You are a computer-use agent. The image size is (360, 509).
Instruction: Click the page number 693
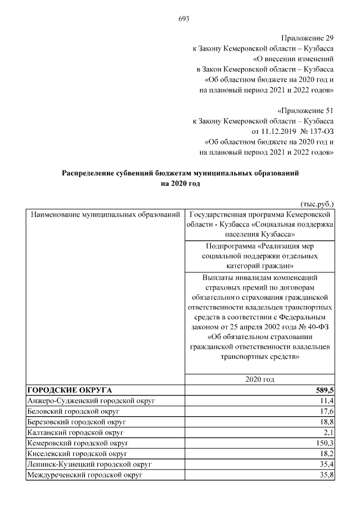[x=183, y=18]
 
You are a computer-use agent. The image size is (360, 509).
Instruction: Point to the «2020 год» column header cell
[x=259, y=380]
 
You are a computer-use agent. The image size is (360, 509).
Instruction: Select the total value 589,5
[x=323, y=390]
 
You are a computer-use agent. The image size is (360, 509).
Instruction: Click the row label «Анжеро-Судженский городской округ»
[x=91, y=400]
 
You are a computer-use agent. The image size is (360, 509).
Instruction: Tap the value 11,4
[x=327, y=400]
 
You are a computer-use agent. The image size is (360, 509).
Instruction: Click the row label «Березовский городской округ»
[x=76, y=421]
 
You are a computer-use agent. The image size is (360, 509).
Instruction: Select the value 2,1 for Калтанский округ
[x=328, y=432]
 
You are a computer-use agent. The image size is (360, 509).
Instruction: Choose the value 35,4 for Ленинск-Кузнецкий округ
[x=327, y=464]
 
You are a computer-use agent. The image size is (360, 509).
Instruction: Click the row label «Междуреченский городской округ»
[x=84, y=475]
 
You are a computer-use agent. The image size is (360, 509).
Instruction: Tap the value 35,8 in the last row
[x=327, y=475]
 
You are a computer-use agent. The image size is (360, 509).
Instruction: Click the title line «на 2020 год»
[x=180, y=183]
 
